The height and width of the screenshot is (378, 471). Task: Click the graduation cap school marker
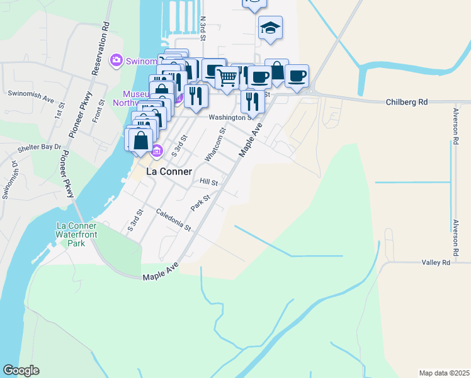(x=270, y=28)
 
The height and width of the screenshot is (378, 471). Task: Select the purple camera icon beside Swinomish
(x=116, y=60)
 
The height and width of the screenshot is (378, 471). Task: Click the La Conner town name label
(x=160, y=171)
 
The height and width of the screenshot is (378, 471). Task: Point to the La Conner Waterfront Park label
(x=76, y=234)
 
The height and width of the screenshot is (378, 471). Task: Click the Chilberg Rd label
(x=406, y=101)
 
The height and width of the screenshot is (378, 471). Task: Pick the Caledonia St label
(x=173, y=220)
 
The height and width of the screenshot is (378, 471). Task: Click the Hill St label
(x=208, y=182)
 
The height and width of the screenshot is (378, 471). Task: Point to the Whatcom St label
(x=215, y=145)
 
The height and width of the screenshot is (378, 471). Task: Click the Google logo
(x=21, y=370)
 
